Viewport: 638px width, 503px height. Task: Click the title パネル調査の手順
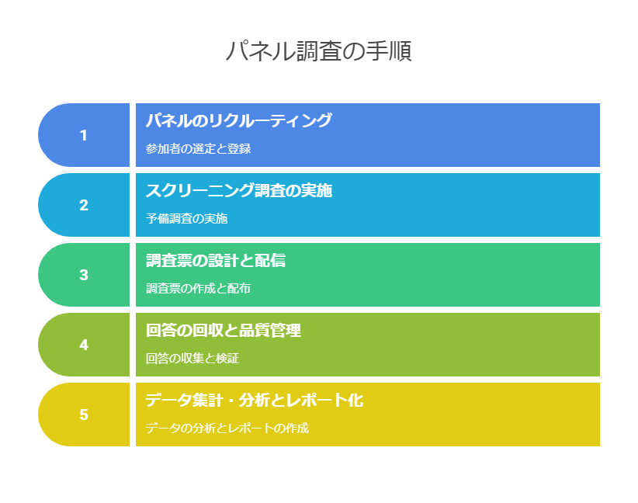click(x=318, y=51)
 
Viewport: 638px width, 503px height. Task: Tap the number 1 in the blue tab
click(x=83, y=135)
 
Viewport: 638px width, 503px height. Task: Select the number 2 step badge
click(x=83, y=205)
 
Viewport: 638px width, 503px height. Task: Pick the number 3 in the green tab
click(x=83, y=275)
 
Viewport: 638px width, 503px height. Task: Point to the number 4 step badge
click(x=83, y=345)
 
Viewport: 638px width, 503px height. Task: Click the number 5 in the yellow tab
click(x=83, y=415)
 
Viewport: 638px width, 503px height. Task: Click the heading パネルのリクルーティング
click(x=239, y=120)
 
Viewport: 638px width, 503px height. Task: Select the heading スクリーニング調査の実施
click(x=239, y=190)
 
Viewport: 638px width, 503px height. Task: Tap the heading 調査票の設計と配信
click(x=216, y=261)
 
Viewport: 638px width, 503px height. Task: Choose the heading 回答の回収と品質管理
click(x=224, y=330)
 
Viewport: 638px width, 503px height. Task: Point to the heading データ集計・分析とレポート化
click(x=255, y=400)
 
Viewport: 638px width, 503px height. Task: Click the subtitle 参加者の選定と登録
click(x=198, y=148)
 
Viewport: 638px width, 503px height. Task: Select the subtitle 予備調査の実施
click(x=187, y=219)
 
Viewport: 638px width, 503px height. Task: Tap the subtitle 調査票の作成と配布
click(x=198, y=288)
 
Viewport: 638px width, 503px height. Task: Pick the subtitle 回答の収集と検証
click(x=192, y=358)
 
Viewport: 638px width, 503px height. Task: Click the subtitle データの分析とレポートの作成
click(x=227, y=428)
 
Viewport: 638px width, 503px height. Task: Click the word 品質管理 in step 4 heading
click(x=270, y=330)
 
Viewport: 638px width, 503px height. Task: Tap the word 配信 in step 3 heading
click(x=270, y=261)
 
